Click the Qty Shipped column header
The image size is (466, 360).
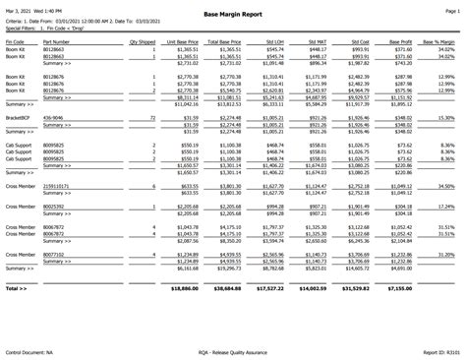(x=141, y=43)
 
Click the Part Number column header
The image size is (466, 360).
(x=57, y=43)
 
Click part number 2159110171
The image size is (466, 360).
(x=59, y=185)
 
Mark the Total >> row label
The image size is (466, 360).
(x=16, y=290)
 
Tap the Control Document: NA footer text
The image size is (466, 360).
(x=30, y=350)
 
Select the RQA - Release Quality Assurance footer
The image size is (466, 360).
(x=232, y=350)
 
